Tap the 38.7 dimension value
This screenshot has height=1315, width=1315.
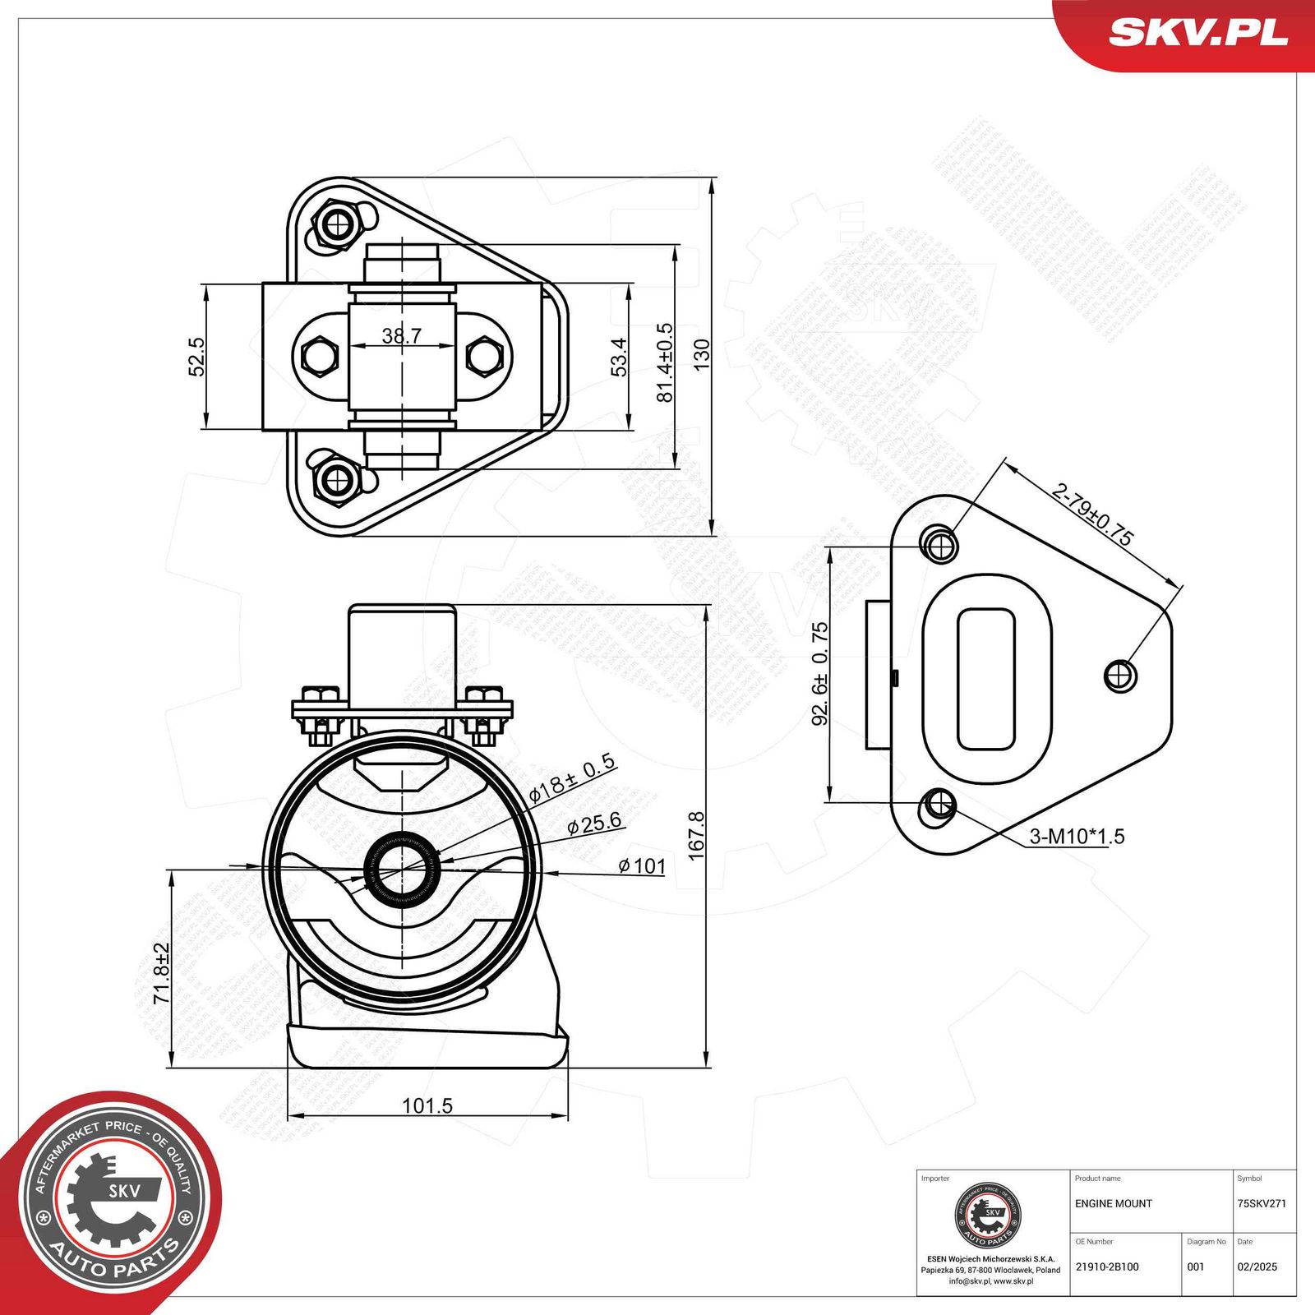click(x=401, y=335)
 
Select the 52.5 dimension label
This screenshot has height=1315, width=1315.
click(x=196, y=357)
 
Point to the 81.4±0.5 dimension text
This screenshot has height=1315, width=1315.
click(x=664, y=362)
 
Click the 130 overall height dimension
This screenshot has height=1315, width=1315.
click(x=701, y=355)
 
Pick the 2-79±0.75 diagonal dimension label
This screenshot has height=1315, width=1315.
click(x=1092, y=514)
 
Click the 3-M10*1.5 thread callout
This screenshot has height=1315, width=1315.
click(x=1077, y=837)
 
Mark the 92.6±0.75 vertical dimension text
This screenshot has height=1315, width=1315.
click(x=820, y=674)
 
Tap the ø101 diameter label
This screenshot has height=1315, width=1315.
click(x=642, y=865)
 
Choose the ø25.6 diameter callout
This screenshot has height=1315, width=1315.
click(x=593, y=824)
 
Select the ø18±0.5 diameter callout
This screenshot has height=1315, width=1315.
click(x=572, y=777)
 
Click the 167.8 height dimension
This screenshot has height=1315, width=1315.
click(x=696, y=836)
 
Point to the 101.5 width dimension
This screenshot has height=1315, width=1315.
click(x=427, y=1105)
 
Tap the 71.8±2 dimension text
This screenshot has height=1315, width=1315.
click(x=161, y=973)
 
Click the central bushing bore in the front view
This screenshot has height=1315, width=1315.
click(x=402, y=867)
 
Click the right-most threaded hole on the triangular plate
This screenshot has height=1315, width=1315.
click(x=1119, y=676)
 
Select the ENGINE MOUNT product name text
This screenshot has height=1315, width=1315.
click(x=1113, y=1203)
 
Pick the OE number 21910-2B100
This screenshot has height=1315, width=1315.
click(x=1106, y=1267)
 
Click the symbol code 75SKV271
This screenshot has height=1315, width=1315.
click(x=1261, y=1203)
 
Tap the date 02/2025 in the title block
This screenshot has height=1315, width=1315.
click(x=1257, y=1267)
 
